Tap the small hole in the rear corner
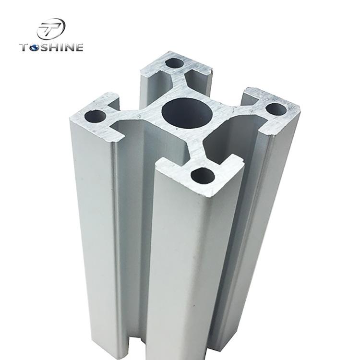[x=175, y=63]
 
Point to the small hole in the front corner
[x=203, y=176]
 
